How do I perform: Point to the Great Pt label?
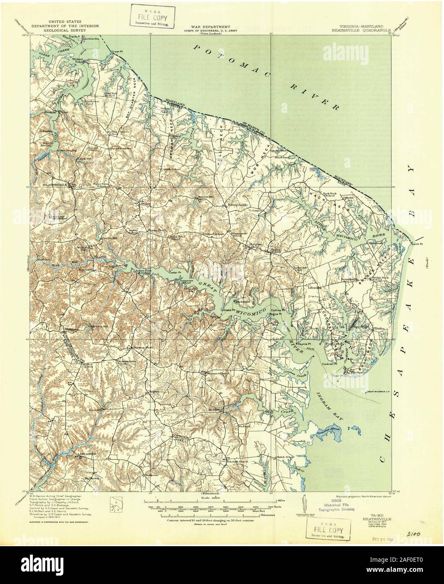[115, 52]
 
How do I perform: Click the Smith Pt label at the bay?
[417, 244]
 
